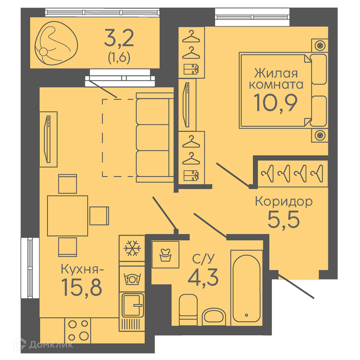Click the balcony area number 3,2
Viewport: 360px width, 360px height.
coord(119,38)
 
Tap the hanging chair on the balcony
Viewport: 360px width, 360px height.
coord(56,43)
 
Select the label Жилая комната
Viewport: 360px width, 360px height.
coord(276,78)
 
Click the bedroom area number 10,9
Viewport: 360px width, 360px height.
coord(275,103)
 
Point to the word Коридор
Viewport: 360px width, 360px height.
coord(284,201)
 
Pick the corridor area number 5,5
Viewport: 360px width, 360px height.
coord(284,220)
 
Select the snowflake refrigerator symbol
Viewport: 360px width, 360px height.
coord(132,248)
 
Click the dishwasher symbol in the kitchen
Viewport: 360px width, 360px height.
coord(132,279)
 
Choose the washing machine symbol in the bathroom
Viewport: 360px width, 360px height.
coord(165,255)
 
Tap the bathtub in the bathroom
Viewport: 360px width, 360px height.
coord(247,288)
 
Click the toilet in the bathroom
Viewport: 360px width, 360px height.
coord(188,310)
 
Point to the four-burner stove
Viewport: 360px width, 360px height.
coord(78,330)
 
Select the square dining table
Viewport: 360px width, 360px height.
coord(68,216)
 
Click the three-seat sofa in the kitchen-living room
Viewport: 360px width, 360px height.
coord(155,138)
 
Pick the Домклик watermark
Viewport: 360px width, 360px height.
coord(44,345)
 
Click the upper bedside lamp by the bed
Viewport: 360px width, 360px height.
coord(320,45)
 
